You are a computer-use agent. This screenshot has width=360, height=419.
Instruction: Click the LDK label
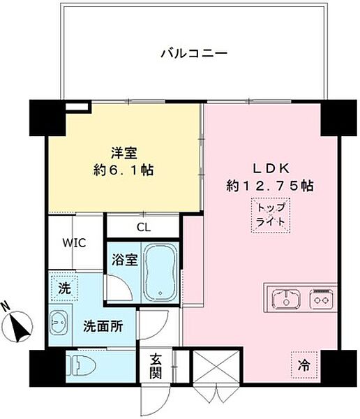tap(269, 168)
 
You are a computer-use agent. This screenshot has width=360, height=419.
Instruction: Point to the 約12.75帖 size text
tap(269, 186)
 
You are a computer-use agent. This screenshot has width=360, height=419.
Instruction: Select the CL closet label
tap(144, 226)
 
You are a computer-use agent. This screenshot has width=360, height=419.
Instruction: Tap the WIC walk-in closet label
tap(73, 243)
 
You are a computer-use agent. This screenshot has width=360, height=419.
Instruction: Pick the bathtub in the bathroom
tap(160, 271)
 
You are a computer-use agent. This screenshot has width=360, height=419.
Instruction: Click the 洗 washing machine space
tap(63, 288)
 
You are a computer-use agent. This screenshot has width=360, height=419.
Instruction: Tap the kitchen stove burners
tap(322, 300)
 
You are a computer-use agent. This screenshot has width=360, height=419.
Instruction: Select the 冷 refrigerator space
tap(305, 363)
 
